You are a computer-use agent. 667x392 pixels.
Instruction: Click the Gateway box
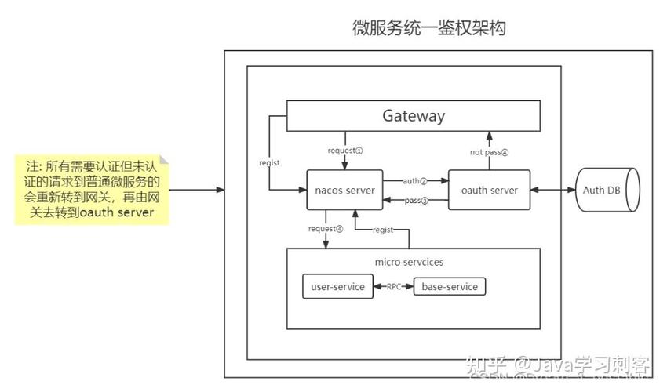point(414,116)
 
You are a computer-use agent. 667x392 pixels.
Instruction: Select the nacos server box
point(344,190)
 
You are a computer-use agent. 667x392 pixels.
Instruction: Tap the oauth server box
point(489,190)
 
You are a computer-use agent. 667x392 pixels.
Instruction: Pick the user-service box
point(337,287)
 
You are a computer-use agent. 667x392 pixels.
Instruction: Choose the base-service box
point(450,287)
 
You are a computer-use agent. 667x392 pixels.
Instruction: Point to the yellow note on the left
point(92,189)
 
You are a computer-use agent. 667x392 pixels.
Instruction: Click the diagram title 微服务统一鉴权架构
point(428,29)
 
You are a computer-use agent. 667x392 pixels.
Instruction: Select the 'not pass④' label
point(489,152)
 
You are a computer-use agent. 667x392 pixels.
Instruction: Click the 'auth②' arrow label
point(415,180)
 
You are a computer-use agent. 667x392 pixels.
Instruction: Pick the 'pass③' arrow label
point(416,201)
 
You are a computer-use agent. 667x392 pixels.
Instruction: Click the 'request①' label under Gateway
point(346,149)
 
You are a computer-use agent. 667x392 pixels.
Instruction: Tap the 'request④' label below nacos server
point(326,229)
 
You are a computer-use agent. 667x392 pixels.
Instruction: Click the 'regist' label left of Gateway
point(269,162)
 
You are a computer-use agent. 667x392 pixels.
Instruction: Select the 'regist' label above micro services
point(383,229)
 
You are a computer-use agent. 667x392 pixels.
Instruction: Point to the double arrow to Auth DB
point(553,190)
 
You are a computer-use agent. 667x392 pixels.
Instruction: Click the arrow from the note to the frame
point(196,190)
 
